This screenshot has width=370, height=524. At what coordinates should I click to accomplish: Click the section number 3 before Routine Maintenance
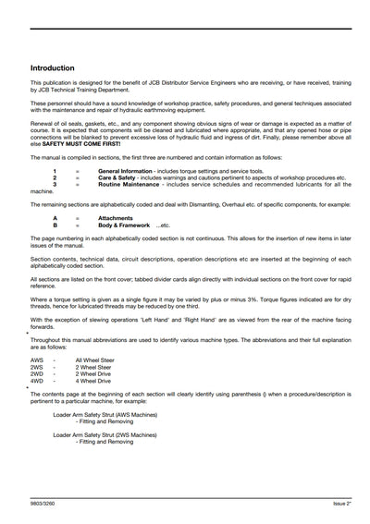(55, 183)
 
